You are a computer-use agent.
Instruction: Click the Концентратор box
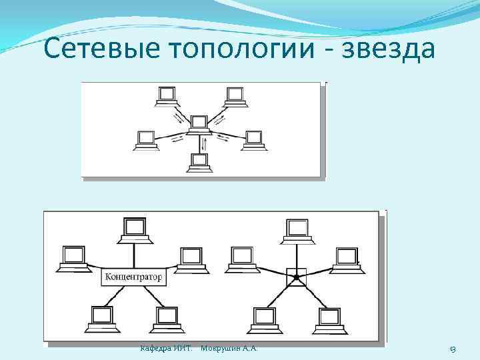134,276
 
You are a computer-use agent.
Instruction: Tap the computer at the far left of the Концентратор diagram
73,257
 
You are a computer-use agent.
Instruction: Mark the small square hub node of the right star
293,276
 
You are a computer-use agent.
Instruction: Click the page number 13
452,349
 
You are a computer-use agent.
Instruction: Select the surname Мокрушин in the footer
219,348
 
